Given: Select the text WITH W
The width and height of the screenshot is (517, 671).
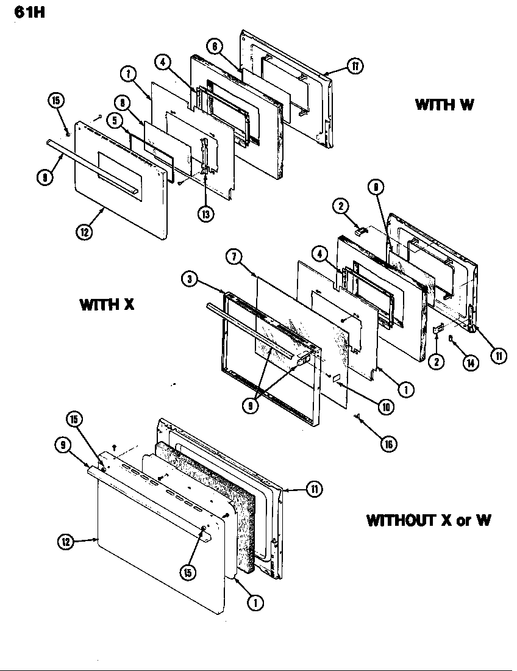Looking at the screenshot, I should [x=444, y=104].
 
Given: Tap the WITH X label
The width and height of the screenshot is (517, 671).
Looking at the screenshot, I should [x=106, y=304].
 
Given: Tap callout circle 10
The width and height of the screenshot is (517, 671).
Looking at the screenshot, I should [x=385, y=406].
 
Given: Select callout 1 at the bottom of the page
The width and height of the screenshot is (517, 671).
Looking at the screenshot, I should [x=255, y=603].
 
